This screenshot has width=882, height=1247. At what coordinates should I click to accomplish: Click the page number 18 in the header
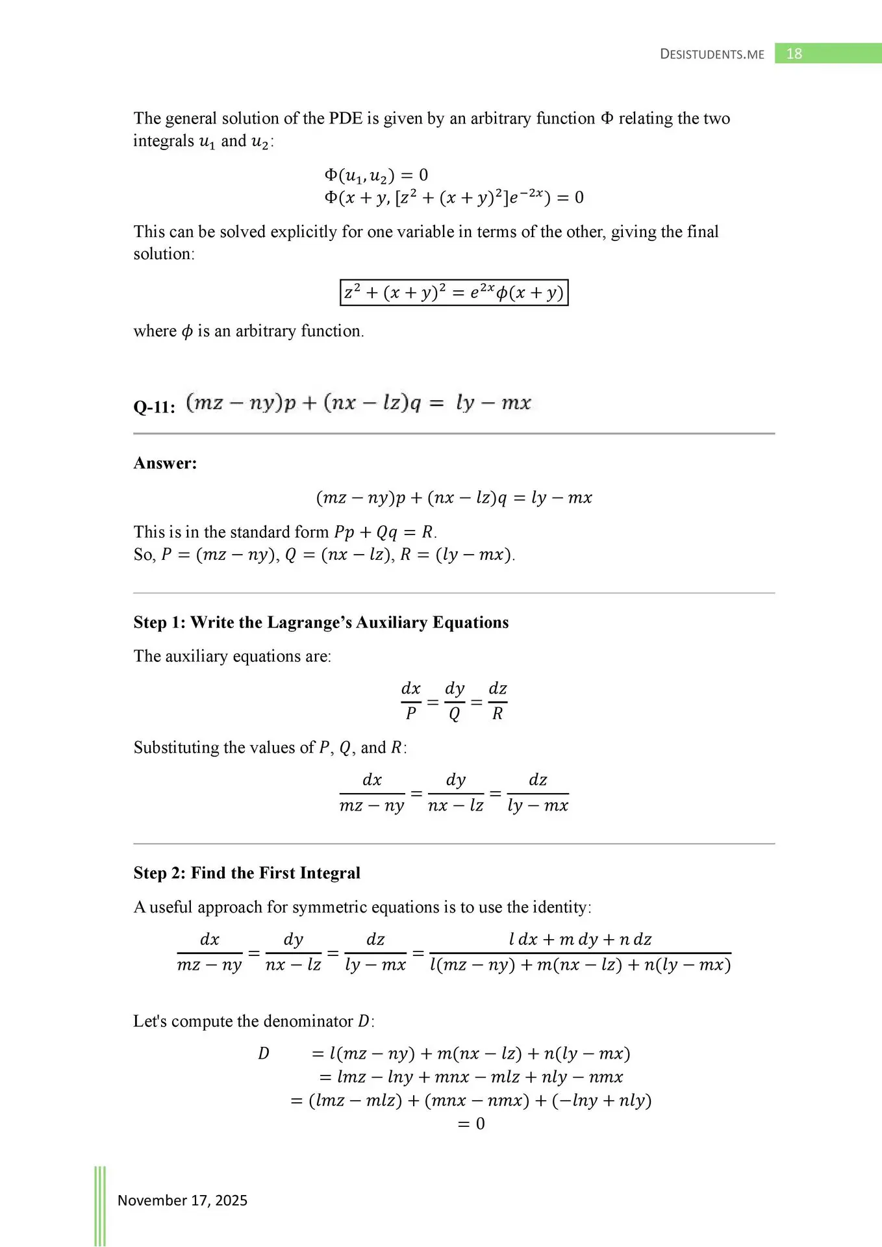[x=794, y=54]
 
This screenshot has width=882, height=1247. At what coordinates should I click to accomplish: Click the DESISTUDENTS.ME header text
[x=712, y=55]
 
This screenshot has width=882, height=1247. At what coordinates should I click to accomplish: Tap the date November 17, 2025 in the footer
[x=183, y=1200]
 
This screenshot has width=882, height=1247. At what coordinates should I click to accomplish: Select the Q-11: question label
[x=154, y=407]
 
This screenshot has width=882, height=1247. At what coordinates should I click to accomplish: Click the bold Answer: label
[x=165, y=463]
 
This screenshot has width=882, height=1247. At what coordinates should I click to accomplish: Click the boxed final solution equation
[x=454, y=292]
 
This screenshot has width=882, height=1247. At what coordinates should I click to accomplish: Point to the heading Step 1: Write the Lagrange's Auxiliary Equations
[x=321, y=622]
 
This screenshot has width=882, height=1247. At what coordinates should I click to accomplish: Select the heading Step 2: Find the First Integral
[x=247, y=873]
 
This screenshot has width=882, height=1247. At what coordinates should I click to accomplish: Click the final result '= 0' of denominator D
[x=472, y=1124]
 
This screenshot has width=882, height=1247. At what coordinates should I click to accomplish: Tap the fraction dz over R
[x=498, y=701]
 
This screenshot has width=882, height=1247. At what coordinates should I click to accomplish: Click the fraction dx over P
[x=411, y=701]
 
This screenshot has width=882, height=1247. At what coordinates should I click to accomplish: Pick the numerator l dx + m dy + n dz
[x=580, y=939]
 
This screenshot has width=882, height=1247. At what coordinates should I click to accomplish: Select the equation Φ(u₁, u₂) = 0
[x=376, y=175]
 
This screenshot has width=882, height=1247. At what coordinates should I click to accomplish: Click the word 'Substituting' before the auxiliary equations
[x=176, y=748]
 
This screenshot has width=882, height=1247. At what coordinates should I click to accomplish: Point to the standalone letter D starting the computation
[x=263, y=1053]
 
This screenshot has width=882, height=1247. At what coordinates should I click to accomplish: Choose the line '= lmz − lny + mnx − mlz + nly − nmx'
[x=472, y=1077]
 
